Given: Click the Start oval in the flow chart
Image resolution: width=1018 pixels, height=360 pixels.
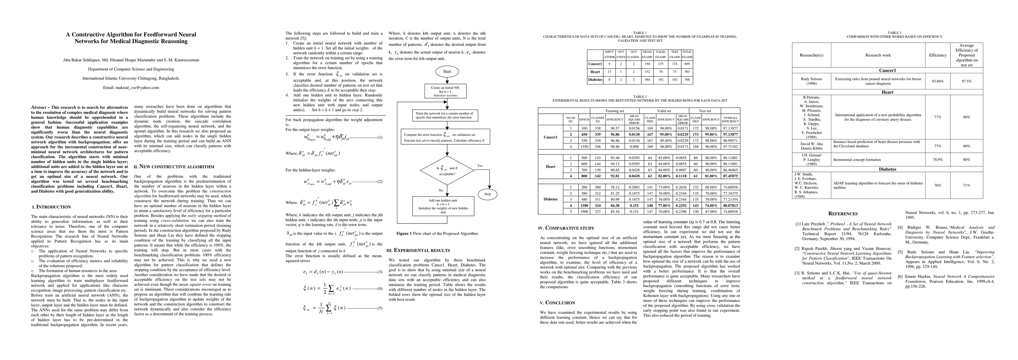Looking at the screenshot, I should point(447,71).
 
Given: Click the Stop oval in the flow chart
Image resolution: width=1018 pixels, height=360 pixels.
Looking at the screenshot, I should point(487,194).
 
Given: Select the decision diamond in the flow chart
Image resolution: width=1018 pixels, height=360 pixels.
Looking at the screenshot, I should point(447,171).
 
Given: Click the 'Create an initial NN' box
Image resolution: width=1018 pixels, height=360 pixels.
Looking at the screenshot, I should point(446,91).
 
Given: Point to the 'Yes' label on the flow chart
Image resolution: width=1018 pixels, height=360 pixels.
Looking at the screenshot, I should point(480,166).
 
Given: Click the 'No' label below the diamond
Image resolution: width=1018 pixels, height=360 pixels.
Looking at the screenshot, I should point(441,190).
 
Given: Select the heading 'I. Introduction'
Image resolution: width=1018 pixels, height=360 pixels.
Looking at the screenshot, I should point(51,207).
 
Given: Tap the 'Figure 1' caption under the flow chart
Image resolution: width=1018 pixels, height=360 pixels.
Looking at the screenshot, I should point(437,233).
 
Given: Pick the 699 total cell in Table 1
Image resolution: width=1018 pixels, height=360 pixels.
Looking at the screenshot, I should point(687,64).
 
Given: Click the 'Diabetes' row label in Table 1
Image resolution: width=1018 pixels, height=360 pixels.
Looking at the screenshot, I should point(595,79).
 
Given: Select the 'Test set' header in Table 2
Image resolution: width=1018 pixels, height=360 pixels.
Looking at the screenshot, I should point(705,111).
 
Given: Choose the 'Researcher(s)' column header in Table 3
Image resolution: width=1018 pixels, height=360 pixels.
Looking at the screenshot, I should point(811,55).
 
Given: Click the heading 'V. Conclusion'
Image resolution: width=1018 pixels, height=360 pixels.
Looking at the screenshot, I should point(557,303).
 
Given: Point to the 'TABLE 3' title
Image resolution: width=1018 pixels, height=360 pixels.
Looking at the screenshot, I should point(894,33).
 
